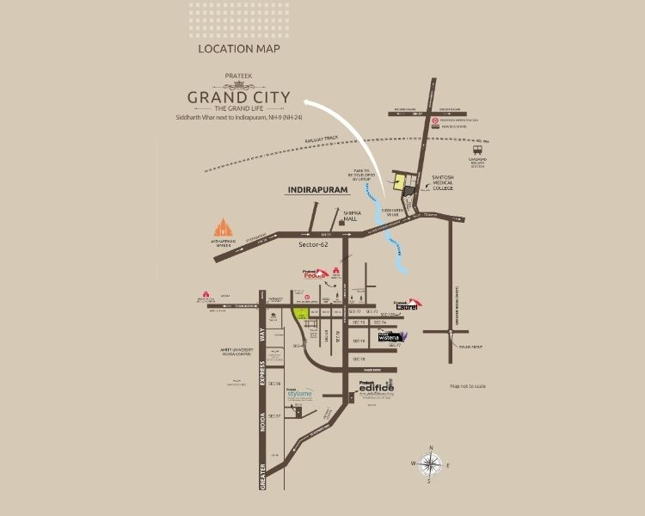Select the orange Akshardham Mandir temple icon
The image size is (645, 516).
pyautogui.click(x=224, y=227)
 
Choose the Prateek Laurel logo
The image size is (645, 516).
pyautogui.click(x=405, y=303)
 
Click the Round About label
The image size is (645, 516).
pyautogui.click(x=472, y=347)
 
